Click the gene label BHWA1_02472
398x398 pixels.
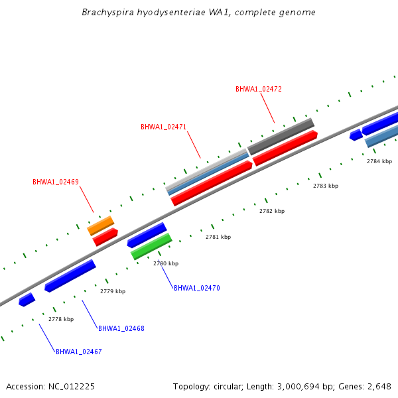(259, 89)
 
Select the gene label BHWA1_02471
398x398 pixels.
(163, 127)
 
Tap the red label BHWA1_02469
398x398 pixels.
(56, 182)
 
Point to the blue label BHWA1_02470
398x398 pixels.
(196, 288)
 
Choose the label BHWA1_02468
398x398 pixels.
(121, 328)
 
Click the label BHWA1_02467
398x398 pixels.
(78, 352)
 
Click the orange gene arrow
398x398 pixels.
(101, 226)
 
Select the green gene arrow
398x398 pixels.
(151, 245)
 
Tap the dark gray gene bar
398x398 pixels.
(281, 136)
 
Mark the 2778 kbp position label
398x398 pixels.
(61, 319)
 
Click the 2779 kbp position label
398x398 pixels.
(113, 291)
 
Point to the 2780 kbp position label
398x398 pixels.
(166, 263)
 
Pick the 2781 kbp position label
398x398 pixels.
(218, 237)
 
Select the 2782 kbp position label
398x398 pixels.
(272, 211)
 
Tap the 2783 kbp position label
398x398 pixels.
(326, 186)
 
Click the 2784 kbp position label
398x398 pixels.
(379, 161)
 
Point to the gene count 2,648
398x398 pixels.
(379, 386)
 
